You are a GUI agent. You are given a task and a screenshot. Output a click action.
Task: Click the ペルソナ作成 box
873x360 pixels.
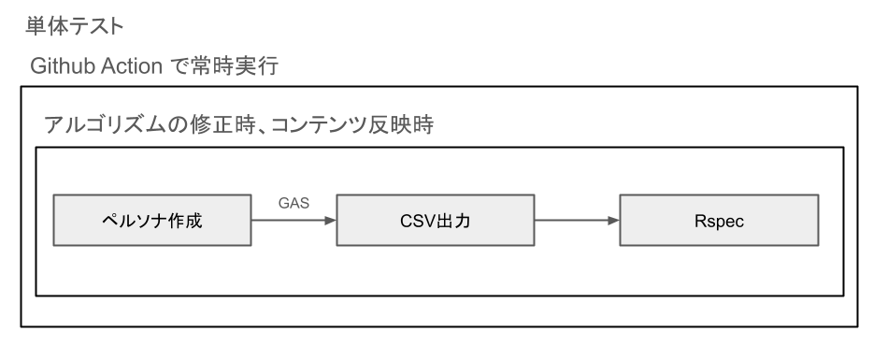[x=151, y=222]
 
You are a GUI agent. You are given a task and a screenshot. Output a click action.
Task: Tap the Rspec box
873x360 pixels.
[x=720, y=222]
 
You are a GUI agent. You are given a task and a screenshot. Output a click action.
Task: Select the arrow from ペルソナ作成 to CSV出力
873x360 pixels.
[x=293, y=222]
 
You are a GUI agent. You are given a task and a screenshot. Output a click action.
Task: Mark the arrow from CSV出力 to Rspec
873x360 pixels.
[x=577, y=222]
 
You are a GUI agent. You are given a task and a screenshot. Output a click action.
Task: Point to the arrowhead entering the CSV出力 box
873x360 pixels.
[x=329, y=222]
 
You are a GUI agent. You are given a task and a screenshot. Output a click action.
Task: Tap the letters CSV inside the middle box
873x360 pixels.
[x=420, y=222]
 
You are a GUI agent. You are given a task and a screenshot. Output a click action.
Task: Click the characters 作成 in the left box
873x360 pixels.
[x=186, y=222]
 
